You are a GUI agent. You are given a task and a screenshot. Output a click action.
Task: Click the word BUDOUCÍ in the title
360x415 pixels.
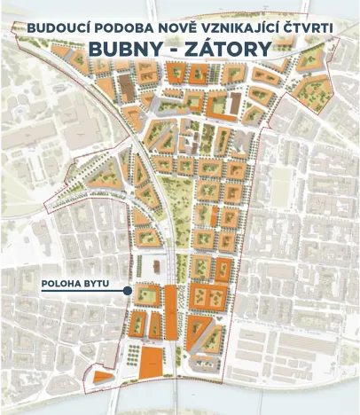point(59,28)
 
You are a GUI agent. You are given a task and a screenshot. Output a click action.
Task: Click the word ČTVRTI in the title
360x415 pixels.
point(305,28)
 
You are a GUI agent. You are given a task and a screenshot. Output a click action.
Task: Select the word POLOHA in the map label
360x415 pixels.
point(62,286)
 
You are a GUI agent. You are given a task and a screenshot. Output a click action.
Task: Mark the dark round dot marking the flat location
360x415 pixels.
point(128,291)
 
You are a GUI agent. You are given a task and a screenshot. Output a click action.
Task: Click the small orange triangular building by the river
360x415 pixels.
point(103,377)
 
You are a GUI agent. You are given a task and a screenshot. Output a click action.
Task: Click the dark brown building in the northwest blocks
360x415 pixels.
point(126,88)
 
